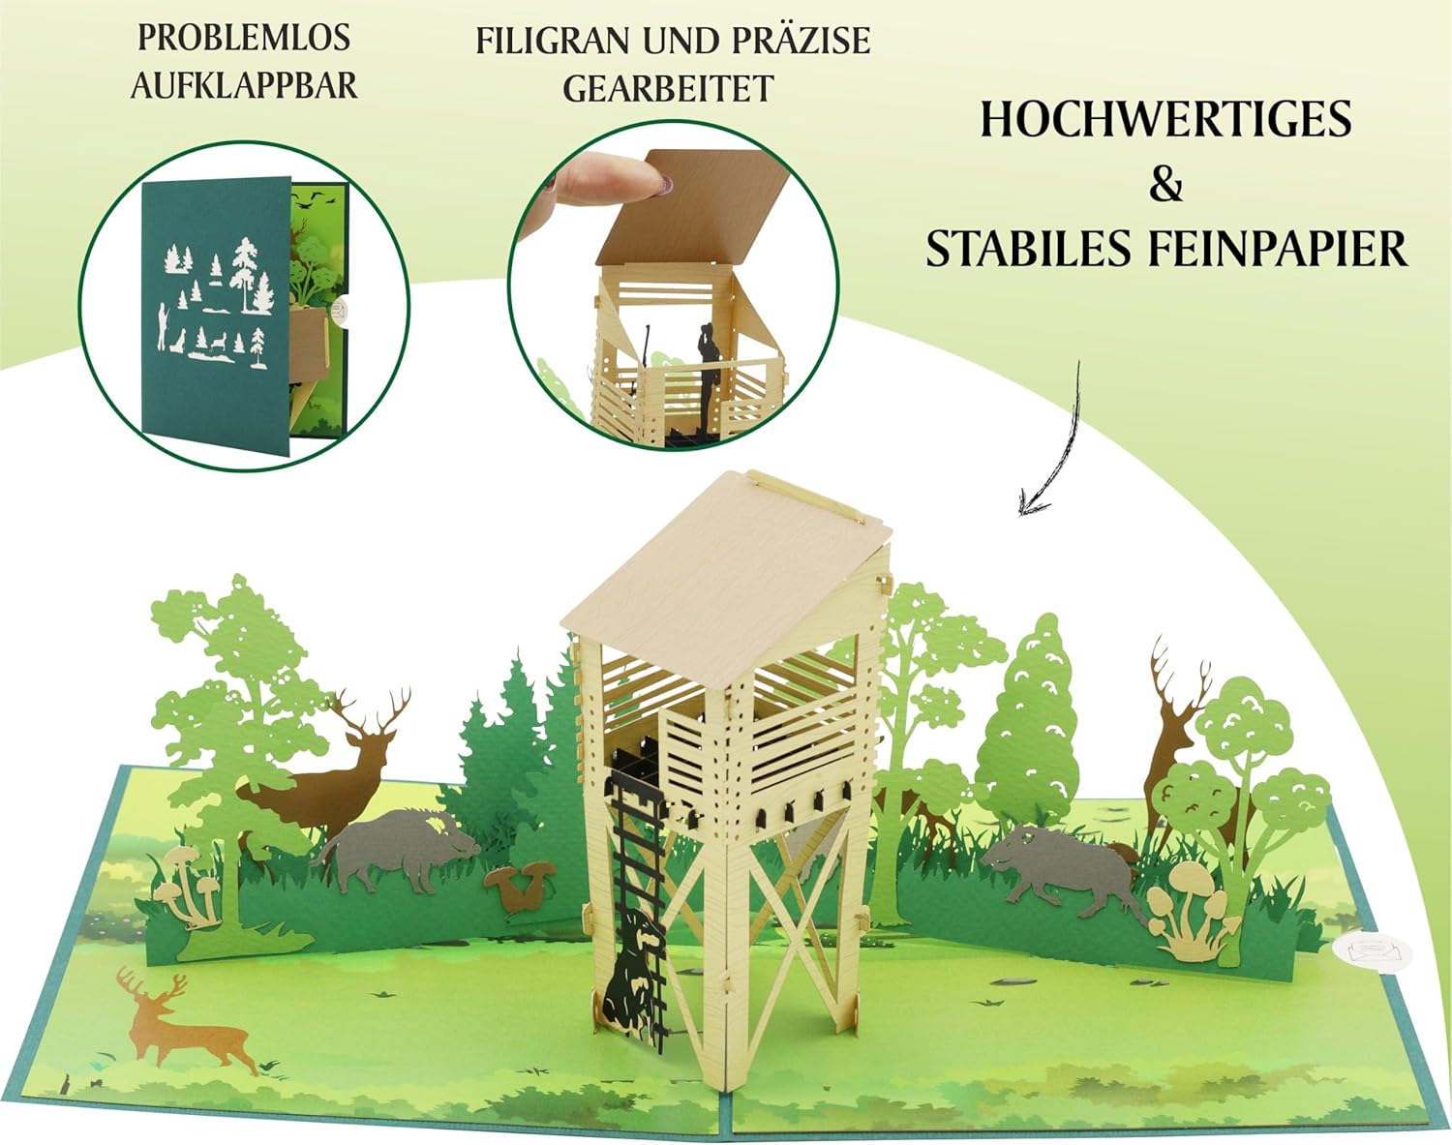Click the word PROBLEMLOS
(x=244, y=38)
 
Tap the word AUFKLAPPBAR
(x=244, y=86)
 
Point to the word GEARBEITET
(x=668, y=88)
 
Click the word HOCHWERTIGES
(x=1165, y=119)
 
